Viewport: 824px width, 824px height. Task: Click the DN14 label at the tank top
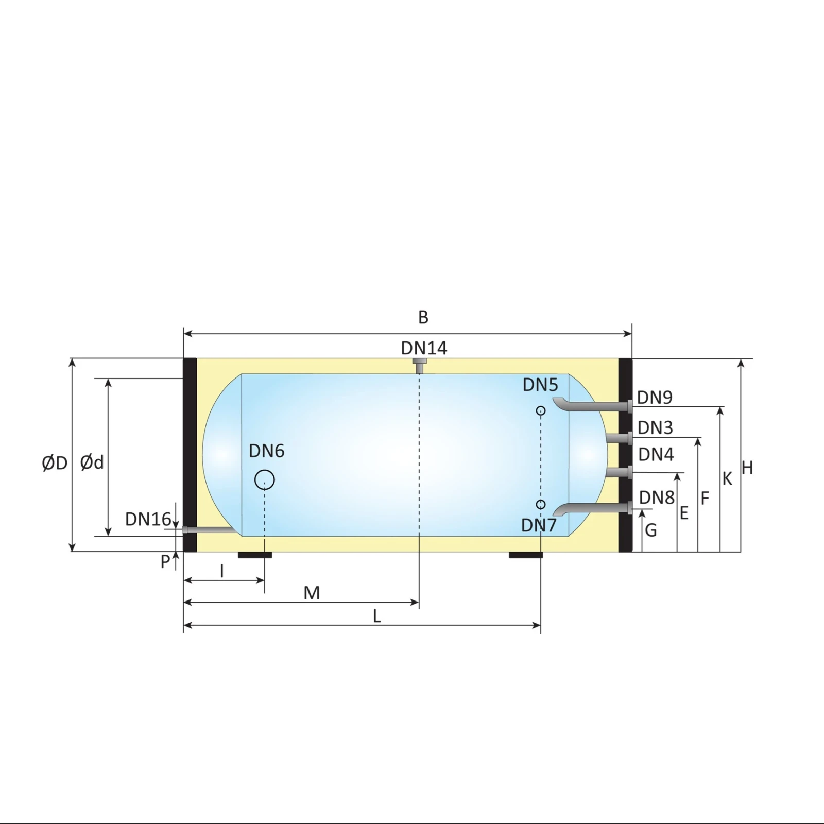point(424,348)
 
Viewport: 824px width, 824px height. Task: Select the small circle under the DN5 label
point(541,410)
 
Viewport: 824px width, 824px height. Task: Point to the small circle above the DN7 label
point(541,504)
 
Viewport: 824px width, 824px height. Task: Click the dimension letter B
point(423,317)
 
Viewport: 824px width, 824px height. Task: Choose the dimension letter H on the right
point(747,468)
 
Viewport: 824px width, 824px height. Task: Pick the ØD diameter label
point(55,463)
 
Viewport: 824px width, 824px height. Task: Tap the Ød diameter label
point(92,462)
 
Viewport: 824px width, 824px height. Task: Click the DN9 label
point(655,398)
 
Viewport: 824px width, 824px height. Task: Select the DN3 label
point(655,427)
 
